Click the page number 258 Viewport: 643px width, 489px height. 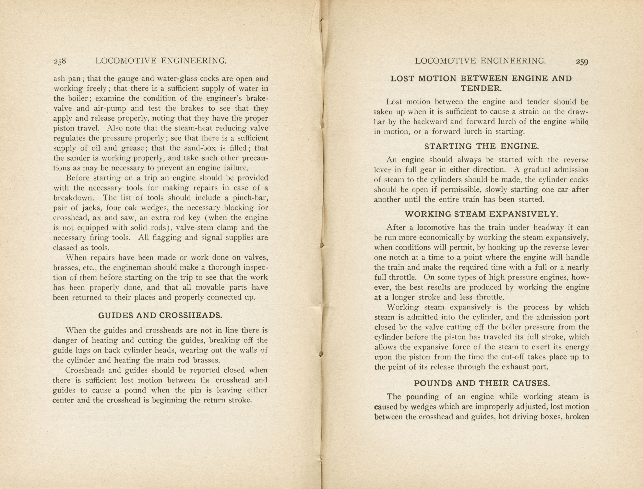pyautogui.click(x=60, y=61)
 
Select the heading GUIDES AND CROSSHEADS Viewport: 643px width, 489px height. pyautogui.click(x=160, y=315)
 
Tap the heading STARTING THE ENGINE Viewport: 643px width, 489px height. pyautogui.click(x=482, y=146)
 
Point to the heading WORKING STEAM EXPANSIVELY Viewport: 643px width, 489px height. pyautogui.click(x=482, y=214)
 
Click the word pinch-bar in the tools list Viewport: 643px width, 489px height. pyautogui.click(x=250, y=198)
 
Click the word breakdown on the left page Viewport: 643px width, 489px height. pyautogui.click(x=74, y=198)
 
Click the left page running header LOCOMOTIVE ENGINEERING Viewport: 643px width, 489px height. pyautogui.click(x=161, y=61)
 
